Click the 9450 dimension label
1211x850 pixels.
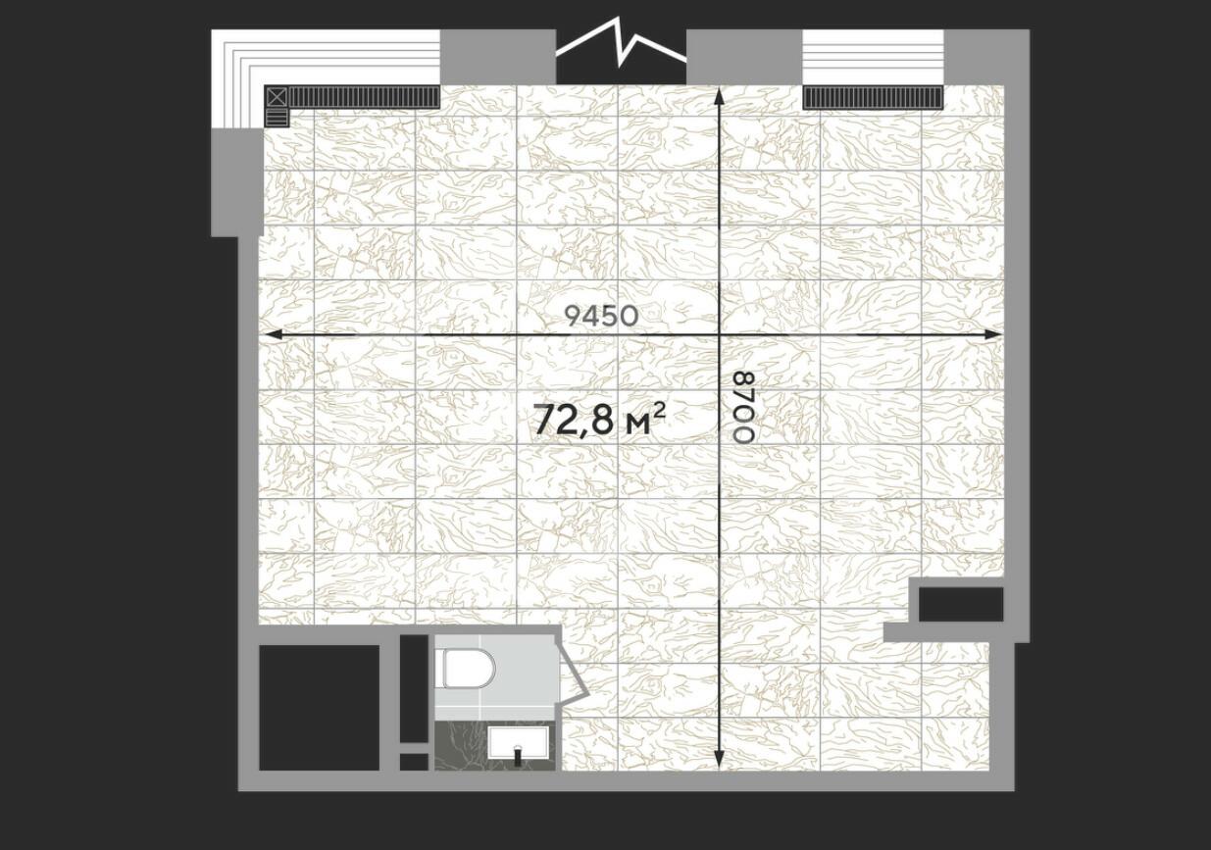click(601, 316)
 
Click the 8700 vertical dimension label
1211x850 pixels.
click(742, 408)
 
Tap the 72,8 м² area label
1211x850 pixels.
click(599, 420)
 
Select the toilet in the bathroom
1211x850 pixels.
click(468, 668)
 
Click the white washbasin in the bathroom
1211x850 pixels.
click(518, 743)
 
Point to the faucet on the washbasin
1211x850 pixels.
click(518, 754)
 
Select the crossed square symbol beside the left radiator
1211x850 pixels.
click(277, 97)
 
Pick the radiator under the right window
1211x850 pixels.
click(873, 98)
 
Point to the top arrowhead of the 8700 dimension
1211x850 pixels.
click(719, 96)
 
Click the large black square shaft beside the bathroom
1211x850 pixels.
click(319, 707)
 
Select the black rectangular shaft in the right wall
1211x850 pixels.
click(961, 604)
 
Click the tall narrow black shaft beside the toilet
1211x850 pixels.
click(414, 688)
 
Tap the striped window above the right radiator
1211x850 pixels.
click(873, 57)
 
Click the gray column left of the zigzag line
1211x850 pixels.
click(498, 57)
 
